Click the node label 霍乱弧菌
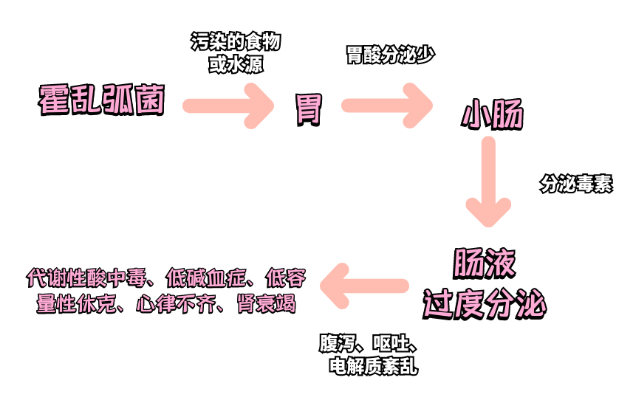[101, 100]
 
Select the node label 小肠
[493, 116]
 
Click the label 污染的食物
[236, 42]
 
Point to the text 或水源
[236, 64]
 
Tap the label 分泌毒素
[576, 185]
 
